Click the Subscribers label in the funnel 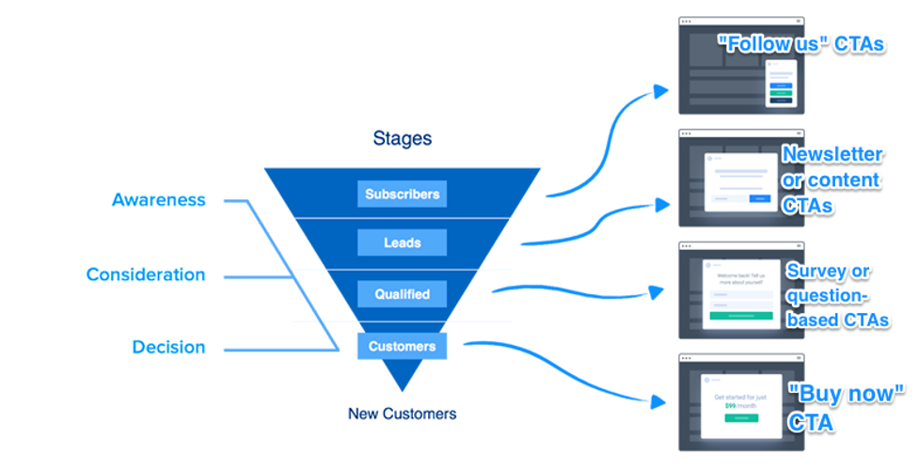[402, 195]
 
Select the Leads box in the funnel [402, 242]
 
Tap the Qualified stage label [402, 294]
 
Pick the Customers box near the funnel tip [402, 346]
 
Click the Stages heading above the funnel [402, 139]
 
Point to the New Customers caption [402, 414]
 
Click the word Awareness [158, 199]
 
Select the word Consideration [145, 274]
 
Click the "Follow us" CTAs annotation [800, 43]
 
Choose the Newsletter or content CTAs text [832, 179]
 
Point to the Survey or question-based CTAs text [837, 295]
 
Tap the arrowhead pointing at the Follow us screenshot [661, 91]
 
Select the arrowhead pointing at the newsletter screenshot [662, 204]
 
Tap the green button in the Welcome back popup [741, 316]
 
